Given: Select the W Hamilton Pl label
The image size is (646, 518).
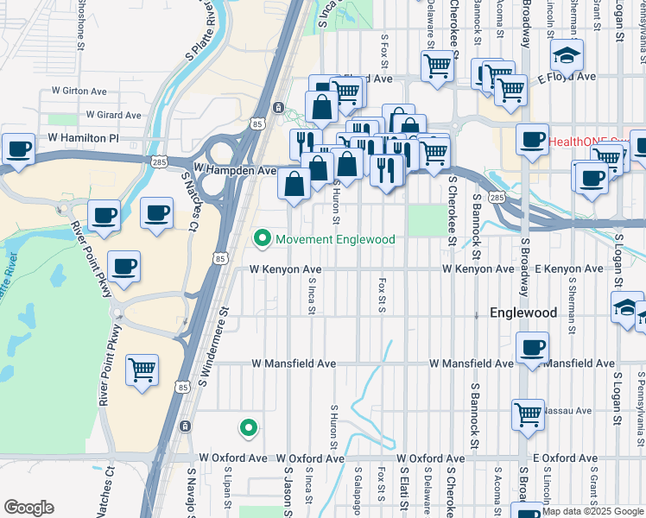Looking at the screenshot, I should coord(83,138).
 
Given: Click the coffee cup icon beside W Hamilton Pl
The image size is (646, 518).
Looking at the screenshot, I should coord(18,148).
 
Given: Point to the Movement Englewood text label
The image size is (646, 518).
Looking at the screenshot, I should coord(335,239).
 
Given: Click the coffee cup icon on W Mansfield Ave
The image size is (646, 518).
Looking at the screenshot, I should coord(531,348).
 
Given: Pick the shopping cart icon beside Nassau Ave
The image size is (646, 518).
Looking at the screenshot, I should coord(527,414).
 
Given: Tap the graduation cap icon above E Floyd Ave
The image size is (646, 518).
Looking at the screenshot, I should coord(566,54).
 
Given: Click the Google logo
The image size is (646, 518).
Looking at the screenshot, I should coord(28,508).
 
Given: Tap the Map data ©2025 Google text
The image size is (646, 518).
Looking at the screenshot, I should coord(592,512).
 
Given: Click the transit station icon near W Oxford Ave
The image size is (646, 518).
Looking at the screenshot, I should coord(185,426).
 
